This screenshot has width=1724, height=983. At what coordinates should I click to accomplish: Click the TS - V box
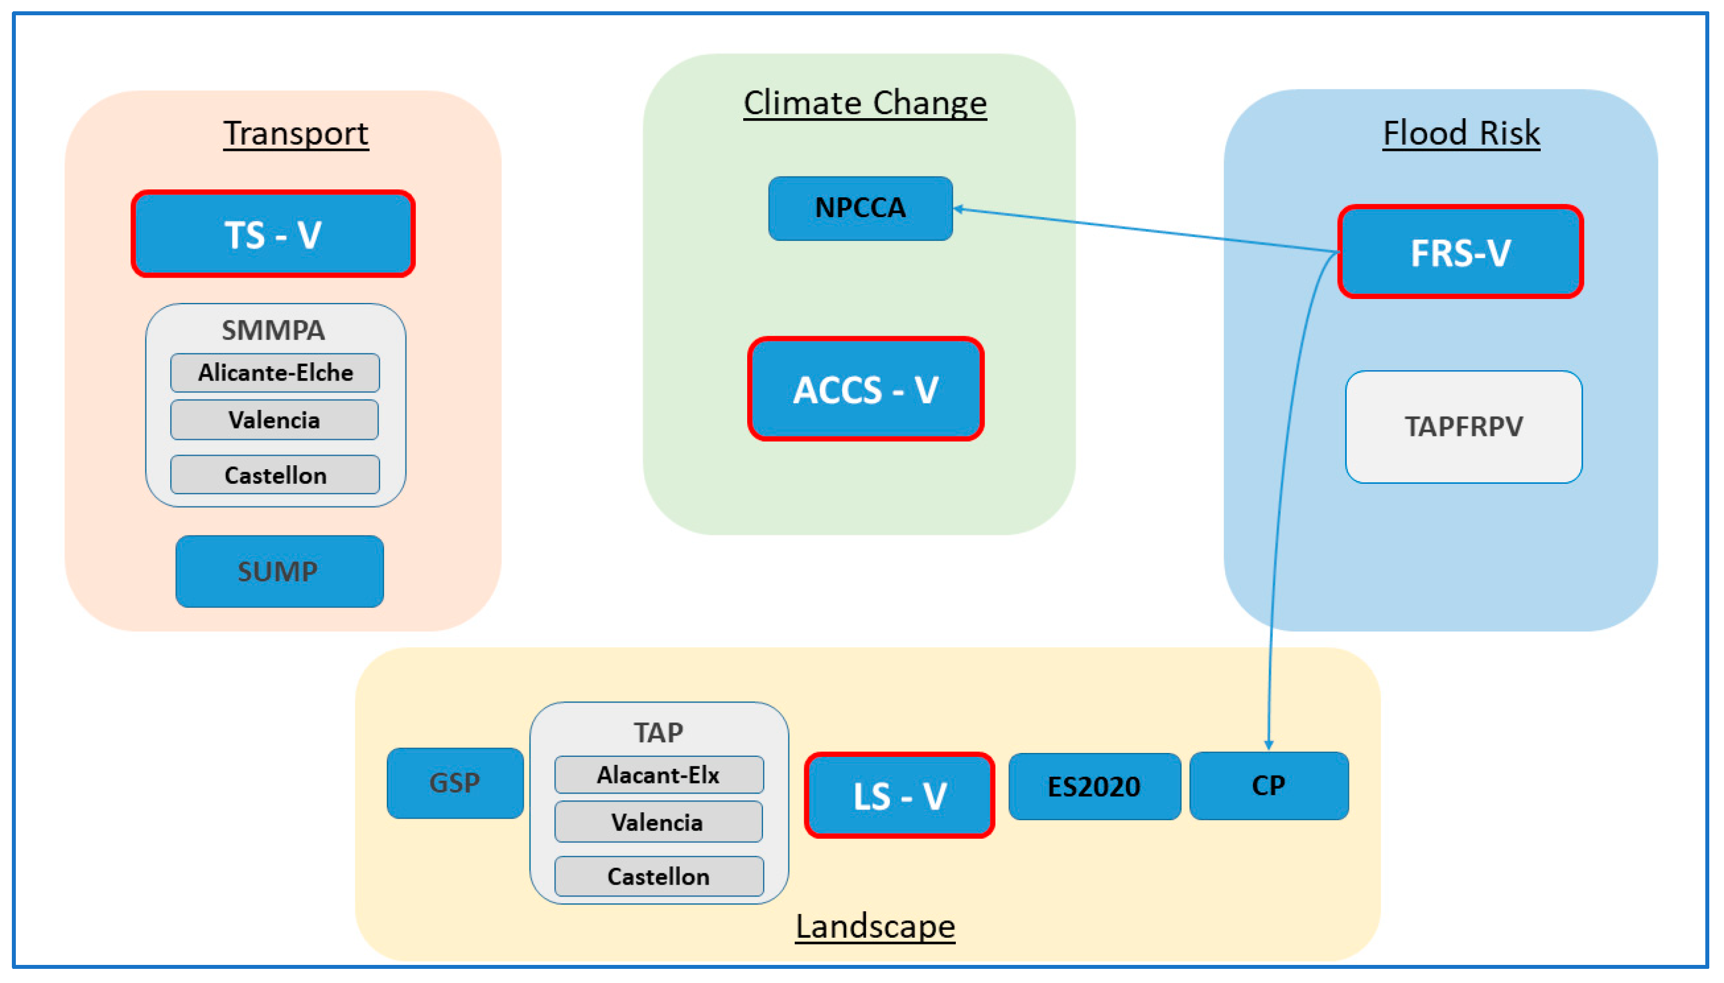[x=273, y=233]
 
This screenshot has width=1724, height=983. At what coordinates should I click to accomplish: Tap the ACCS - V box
[x=865, y=389]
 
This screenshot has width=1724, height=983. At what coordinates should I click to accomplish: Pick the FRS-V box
[x=1460, y=252]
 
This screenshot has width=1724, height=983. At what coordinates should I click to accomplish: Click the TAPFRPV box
[x=1463, y=427]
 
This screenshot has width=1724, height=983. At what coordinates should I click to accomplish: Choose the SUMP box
[x=279, y=571]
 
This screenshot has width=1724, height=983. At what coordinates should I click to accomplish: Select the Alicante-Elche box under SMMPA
[x=275, y=373]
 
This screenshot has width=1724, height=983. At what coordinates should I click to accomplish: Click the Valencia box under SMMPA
[x=274, y=420]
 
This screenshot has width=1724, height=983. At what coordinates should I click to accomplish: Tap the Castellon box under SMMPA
[x=275, y=475]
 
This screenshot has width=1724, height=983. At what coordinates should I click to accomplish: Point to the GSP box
[x=455, y=782]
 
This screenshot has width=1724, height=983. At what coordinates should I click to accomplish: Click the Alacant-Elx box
[x=658, y=774]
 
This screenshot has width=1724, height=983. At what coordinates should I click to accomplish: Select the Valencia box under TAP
[x=658, y=822]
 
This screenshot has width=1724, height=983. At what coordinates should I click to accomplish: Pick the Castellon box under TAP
[x=658, y=876]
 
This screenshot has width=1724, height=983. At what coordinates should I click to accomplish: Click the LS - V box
[x=899, y=795]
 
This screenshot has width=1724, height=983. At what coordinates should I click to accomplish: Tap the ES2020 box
[x=1094, y=786]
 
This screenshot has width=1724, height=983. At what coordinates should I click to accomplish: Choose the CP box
[x=1269, y=785]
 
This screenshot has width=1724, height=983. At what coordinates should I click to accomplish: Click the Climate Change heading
[x=865, y=103]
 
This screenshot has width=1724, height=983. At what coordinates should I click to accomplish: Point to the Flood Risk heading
[x=1461, y=133]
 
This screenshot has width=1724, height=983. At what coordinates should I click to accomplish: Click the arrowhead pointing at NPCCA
[x=958, y=209]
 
